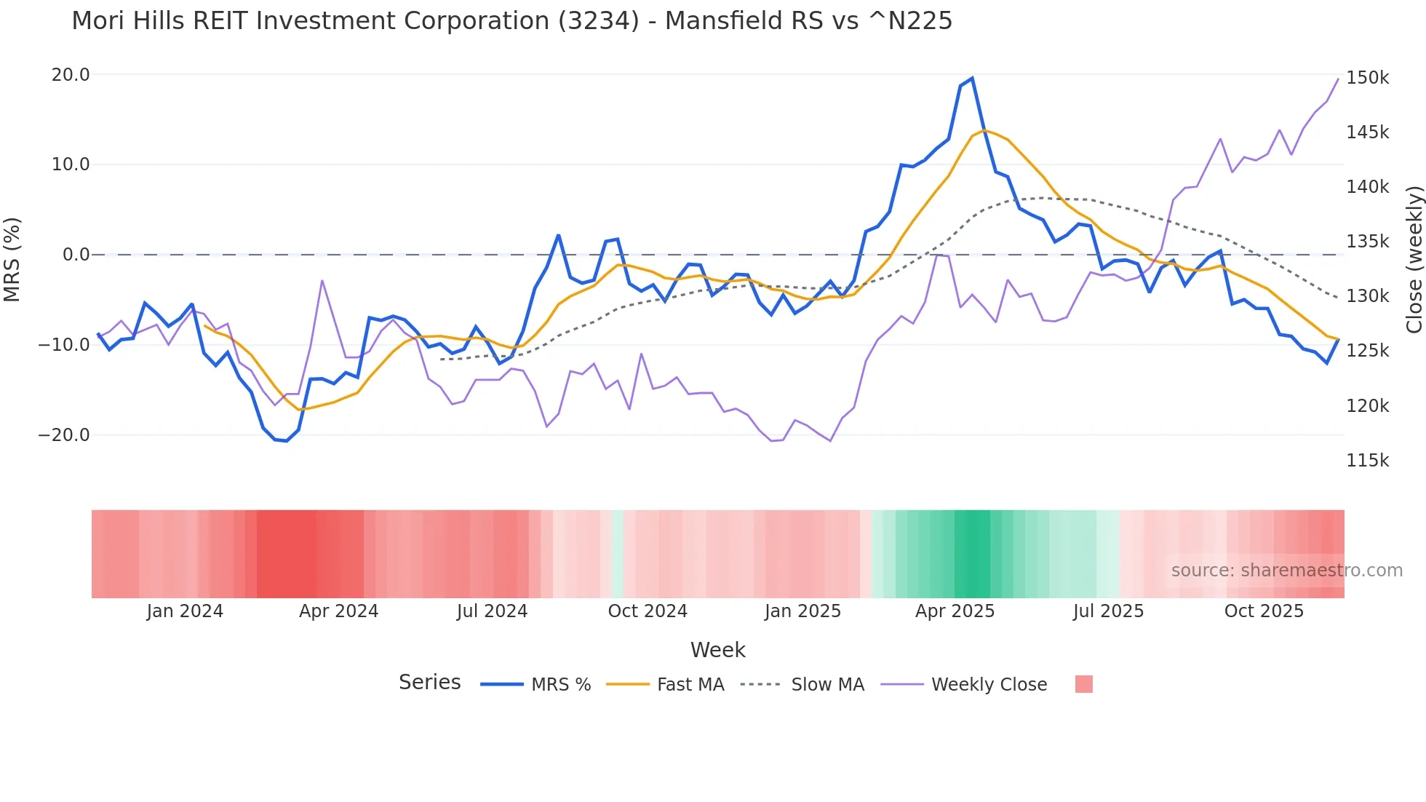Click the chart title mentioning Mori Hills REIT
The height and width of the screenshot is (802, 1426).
pyautogui.click(x=511, y=21)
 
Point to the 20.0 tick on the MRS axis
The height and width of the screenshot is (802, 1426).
pyautogui.click(x=71, y=75)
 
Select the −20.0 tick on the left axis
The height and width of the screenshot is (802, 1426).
pyautogui.click(x=64, y=435)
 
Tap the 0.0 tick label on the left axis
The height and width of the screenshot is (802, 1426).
pyautogui.click(x=76, y=255)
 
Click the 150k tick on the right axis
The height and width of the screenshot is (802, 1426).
pyautogui.click(x=1367, y=78)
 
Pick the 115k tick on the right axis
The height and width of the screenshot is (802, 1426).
pyautogui.click(x=1367, y=461)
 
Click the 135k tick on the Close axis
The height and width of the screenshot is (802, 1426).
pyautogui.click(x=1367, y=242)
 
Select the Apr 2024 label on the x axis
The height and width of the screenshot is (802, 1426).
pyautogui.click(x=338, y=611)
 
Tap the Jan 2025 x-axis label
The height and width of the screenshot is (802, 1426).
pyautogui.click(x=802, y=611)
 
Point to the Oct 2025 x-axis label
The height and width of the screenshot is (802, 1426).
pyautogui.click(x=1264, y=611)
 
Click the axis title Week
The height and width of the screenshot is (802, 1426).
pyautogui.click(x=717, y=650)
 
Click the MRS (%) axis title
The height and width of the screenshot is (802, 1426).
pyautogui.click(x=12, y=259)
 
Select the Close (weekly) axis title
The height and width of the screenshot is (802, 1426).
pyautogui.click(x=1414, y=260)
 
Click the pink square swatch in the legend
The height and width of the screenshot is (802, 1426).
pyautogui.click(x=1083, y=684)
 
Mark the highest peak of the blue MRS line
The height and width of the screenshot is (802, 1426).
pyautogui.click(x=972, y=79)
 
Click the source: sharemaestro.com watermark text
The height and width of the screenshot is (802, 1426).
pyautogui.click(x=1286, y=571)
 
